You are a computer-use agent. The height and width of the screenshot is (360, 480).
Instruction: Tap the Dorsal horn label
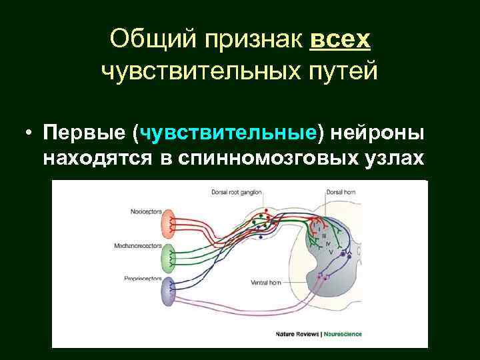[x=341, y=192]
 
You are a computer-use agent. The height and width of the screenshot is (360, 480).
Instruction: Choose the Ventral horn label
[x=265, y=283]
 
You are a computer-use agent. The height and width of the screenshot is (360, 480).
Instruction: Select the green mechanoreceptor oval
[x=169, y=255]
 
